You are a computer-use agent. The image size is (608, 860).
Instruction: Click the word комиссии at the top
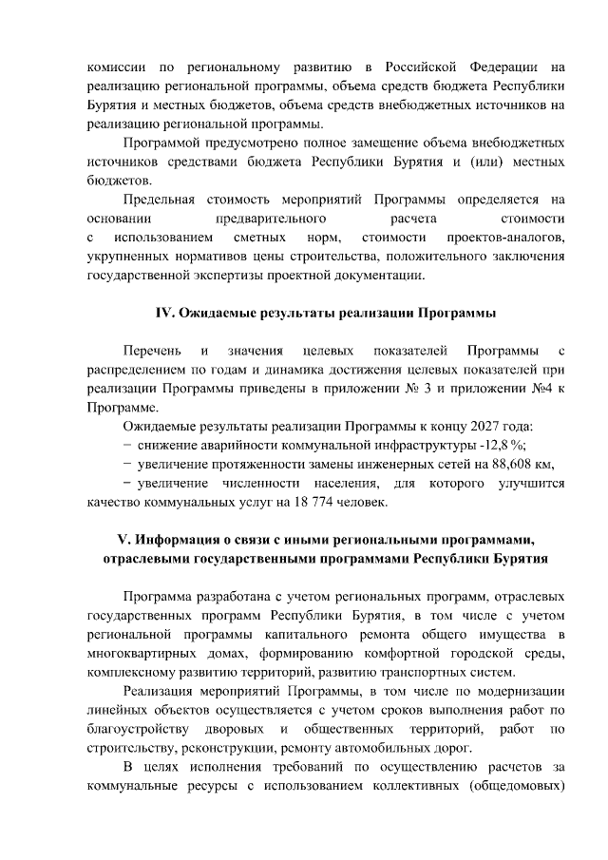[111, 67]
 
